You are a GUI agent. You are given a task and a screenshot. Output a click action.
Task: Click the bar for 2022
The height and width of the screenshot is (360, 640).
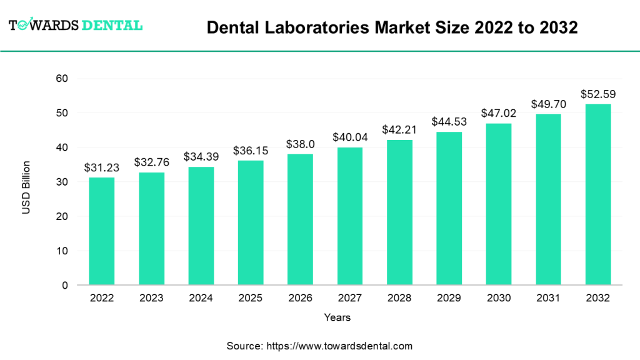101,231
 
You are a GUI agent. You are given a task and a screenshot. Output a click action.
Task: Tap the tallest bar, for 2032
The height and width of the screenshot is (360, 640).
597,194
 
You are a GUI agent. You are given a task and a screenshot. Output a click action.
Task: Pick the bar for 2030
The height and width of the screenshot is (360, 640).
498,204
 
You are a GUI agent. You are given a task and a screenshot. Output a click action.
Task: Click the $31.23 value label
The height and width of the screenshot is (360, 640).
101,167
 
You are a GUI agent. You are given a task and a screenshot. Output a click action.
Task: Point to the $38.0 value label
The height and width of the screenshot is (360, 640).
300,144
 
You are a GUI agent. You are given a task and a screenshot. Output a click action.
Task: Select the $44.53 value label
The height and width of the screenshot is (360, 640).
449,121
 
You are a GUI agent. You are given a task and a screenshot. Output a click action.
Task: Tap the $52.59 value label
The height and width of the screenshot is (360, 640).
597,94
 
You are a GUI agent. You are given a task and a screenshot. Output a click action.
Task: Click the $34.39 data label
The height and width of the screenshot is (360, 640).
201,156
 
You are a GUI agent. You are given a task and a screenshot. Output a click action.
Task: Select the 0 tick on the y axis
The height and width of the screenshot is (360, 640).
64,286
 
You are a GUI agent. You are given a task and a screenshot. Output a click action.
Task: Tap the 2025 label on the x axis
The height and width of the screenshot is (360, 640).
250,298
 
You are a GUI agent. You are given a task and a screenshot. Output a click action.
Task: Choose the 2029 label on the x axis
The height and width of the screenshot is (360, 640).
449,298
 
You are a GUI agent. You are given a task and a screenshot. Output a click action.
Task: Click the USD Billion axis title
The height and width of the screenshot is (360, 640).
26,187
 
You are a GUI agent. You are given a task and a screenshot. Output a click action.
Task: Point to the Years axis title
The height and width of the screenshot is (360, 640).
337,317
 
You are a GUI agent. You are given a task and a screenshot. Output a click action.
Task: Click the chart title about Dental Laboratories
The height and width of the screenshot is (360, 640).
392,27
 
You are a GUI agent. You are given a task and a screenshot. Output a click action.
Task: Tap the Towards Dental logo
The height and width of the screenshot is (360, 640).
76,25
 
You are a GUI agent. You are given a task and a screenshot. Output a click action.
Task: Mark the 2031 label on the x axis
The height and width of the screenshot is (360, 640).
548,298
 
